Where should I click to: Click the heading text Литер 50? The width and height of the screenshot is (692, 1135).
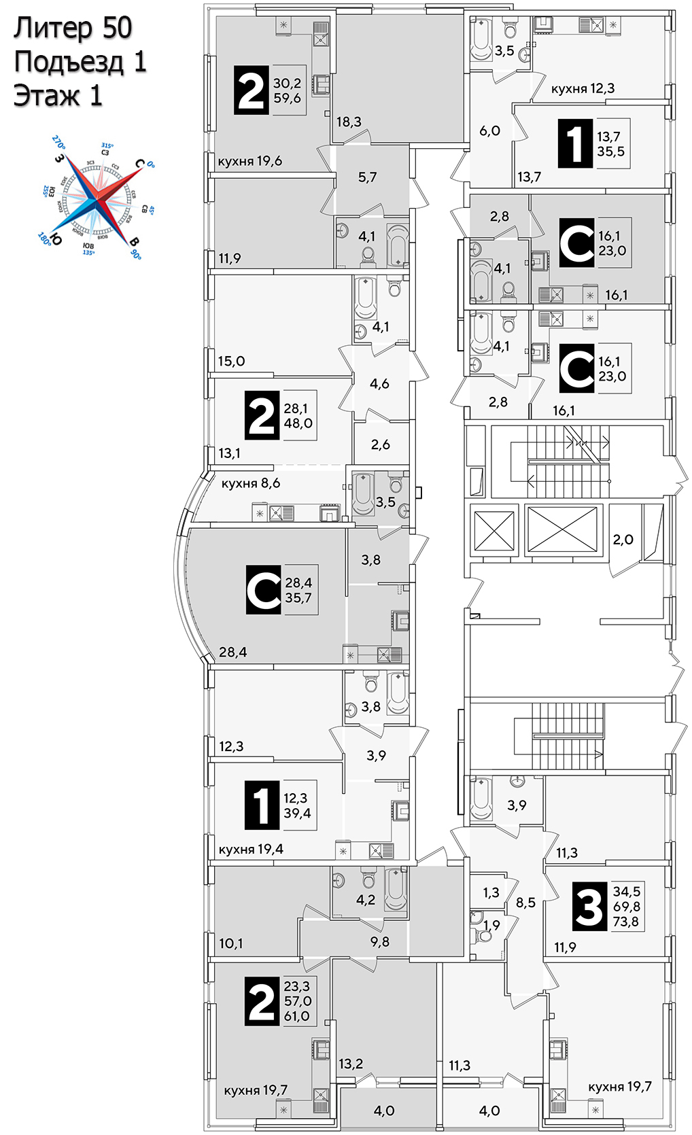coord(73,29)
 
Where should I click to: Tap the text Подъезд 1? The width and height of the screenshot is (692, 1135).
coord(80,62)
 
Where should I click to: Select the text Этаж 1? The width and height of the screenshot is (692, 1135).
coord(58,96)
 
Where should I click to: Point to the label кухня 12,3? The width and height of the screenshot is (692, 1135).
coord(583,88)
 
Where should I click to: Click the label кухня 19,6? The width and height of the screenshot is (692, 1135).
coord(249,162)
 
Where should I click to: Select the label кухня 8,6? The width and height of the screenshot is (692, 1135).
coord(250,483)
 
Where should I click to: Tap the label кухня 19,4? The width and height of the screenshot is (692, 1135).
coord(251,849)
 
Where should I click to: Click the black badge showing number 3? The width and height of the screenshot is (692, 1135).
coord(589,906)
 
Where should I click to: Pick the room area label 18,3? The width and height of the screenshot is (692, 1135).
coord(349,122)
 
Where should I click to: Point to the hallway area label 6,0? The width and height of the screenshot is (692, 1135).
coord(489,130)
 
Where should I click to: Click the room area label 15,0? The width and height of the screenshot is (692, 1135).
coord(231,361)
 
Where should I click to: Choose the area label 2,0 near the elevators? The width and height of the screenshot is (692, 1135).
coord(623,540)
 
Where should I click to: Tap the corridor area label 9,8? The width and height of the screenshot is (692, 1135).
coord(380,941)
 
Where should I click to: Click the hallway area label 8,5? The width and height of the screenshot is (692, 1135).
coord(525,903)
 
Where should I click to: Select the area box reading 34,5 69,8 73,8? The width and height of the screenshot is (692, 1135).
coord(625,906)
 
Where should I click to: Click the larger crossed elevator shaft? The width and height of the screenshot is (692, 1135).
coord(562,530)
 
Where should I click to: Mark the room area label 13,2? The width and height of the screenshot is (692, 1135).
coord(351,1064)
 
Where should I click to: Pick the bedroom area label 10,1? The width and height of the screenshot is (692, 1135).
coord(231,943)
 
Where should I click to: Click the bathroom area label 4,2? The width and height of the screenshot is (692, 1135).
coord(366,900)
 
